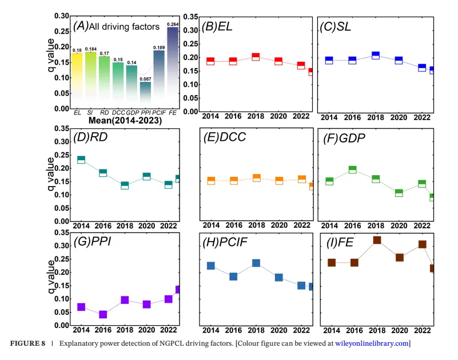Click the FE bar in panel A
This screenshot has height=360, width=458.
(172, 68)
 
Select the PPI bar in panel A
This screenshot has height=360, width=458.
(146, 95)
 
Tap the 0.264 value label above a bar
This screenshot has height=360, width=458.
(172, 24)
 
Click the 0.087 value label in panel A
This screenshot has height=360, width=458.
(145, 78)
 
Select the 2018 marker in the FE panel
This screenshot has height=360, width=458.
(377, 240)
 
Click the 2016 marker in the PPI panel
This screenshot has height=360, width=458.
(103, 314)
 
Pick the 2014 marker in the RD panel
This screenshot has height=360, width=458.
(81, 160)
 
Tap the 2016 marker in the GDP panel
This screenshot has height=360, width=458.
(353, 169)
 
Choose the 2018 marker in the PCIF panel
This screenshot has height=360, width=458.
(256, 263)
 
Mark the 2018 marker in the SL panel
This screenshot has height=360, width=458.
(375, 56)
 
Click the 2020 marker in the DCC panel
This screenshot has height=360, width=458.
(279, 180)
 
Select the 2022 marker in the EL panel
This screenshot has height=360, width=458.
(301, 65)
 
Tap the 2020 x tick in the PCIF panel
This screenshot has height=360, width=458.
(278, 330)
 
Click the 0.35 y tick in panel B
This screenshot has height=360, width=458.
(190, 17)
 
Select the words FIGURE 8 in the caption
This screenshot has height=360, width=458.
(29, 343)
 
